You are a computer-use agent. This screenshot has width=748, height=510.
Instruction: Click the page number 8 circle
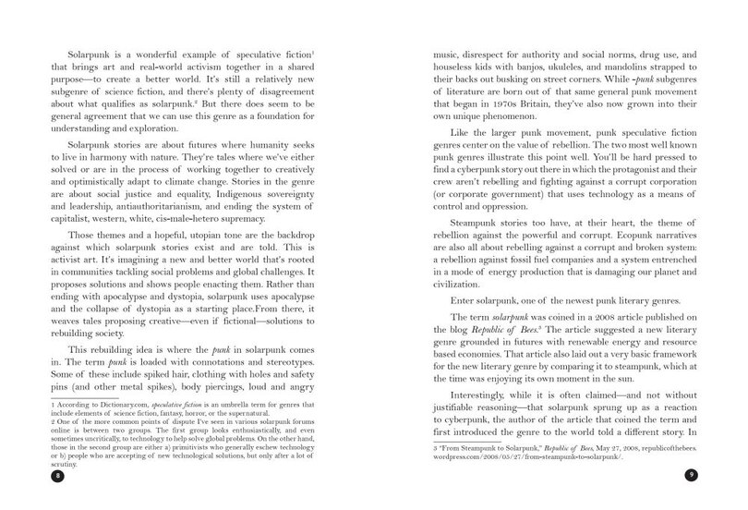click(33, 476)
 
